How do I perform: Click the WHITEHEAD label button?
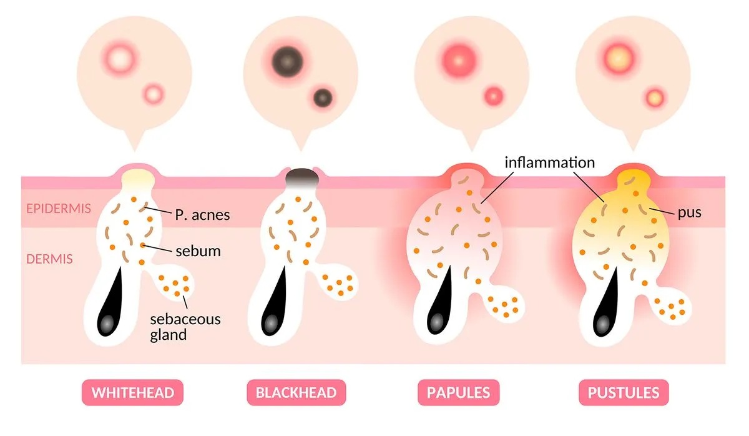tap(132, 392)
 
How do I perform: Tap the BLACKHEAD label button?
tap(296, 392)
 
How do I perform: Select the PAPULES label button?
tap(458, 392)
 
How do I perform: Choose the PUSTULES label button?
tap(624, 392)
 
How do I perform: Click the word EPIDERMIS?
tap(59, 209)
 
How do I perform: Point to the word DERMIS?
tap(49, 259)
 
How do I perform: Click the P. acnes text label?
tap(202, 215)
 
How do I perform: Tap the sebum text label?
tap(198, 251)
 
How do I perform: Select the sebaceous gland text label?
tap(185, 327)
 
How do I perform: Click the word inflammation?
tap(550, 162)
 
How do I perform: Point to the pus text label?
tap(689, 213)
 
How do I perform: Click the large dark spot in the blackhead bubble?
tap(287, 62)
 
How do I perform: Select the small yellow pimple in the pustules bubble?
tap(654, 98)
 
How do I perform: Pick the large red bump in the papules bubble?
tap(459, 61)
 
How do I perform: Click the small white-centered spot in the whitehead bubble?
tap(154, 94)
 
